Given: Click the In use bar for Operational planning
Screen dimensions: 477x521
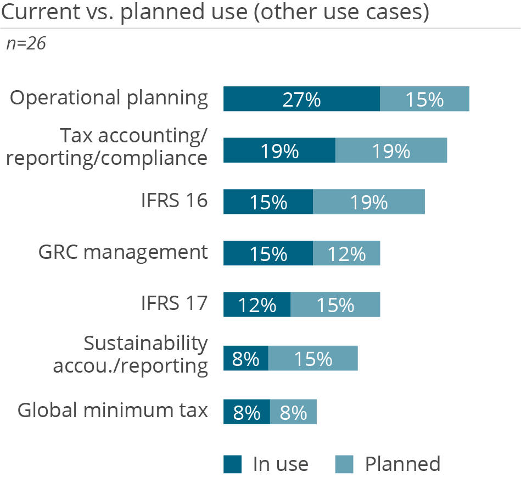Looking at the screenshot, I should click(301, 99).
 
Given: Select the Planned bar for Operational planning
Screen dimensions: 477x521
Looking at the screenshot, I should click(424, 99).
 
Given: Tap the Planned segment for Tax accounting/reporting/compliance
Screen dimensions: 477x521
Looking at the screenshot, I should click(391, 151).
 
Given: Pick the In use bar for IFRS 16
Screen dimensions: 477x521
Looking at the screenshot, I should click(268, 202).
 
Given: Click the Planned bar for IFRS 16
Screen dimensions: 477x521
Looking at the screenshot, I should click(369, 202).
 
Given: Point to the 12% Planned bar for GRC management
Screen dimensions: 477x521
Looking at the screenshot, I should click(346, 253).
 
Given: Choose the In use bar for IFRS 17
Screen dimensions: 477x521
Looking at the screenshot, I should click(256, 304).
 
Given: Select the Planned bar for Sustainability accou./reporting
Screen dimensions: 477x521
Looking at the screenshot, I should click(313, 358).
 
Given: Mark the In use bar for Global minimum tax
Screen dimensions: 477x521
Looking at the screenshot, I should click(247, 412).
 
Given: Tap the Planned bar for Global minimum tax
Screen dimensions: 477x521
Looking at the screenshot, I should click(293, 412).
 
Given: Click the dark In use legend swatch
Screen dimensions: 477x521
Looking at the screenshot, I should click(233, 464).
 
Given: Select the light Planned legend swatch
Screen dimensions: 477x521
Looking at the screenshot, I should click(344, 464).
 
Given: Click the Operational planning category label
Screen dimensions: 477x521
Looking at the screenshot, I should click(109, 98).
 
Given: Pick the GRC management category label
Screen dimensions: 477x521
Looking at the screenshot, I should click(124, 252).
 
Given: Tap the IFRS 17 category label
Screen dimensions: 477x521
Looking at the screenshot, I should click(173, 303).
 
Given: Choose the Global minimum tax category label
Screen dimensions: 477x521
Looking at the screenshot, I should click(113, 410).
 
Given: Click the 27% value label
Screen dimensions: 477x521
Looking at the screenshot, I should click(301, 99).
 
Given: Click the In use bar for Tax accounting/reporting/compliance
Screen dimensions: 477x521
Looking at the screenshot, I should click(279, 151).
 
